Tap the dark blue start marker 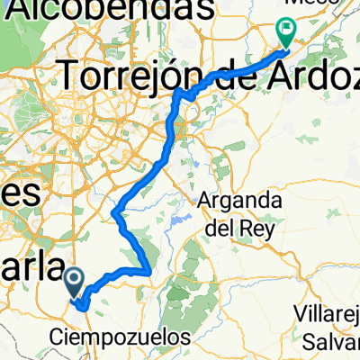(74, 283)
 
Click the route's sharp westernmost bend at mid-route (115, 213)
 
